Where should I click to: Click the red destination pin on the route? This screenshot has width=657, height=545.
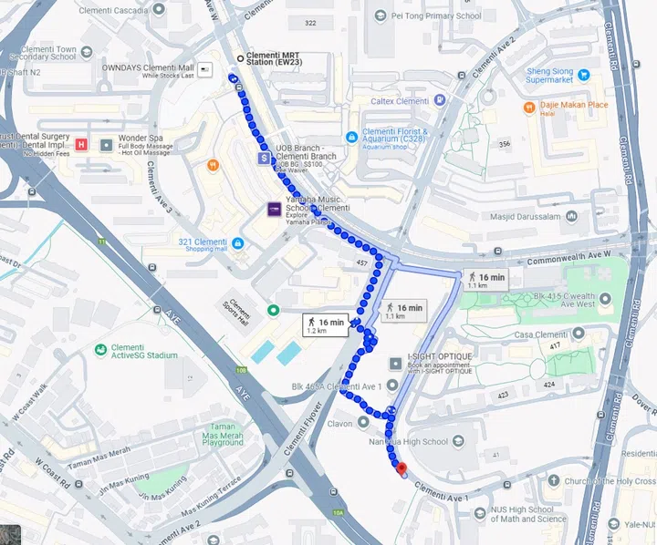401,468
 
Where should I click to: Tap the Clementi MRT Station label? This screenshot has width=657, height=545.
279,58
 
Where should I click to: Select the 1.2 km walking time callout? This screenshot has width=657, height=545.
325,324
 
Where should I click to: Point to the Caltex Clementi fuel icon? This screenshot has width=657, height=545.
440,99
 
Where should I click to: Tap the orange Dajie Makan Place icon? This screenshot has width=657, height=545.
530,107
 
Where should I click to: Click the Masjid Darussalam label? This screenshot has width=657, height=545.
524,217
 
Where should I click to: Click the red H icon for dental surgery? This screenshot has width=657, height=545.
81,144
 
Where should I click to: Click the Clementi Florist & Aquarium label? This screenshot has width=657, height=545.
386,137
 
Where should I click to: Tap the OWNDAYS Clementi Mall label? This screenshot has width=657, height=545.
148,67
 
